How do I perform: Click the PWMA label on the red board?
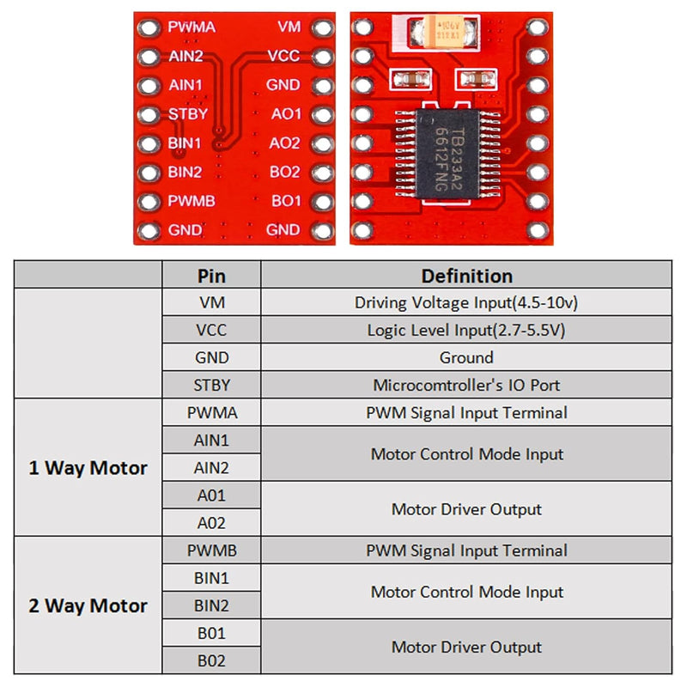[x=191, y=27]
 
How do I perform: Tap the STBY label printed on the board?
[x=186, y=114]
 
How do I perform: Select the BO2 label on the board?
[x=284, y=172]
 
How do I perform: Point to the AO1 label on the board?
[x=285, y=114]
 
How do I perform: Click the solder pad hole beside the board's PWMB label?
[x=150, y=202]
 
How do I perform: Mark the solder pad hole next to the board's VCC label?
[x=322, y=57]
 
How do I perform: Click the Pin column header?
[x=211, y=276]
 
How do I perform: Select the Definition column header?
[x=466, y=276]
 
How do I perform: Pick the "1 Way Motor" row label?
[x=88, y=468]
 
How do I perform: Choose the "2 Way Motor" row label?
[x=88, y=605]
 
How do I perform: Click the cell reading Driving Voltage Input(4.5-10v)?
[x=466, y=302]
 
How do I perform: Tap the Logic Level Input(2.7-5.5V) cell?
[x=466, y=330]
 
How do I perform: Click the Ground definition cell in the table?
[x=466, y=357]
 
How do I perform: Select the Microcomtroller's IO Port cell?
[x=466, y=385]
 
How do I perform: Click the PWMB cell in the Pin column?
[x=211, y=550]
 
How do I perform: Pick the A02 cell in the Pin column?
[x=211, y=523]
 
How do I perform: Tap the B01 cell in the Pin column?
[x=211, y=633]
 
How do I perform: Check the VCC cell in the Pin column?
[x=211, y=330]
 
